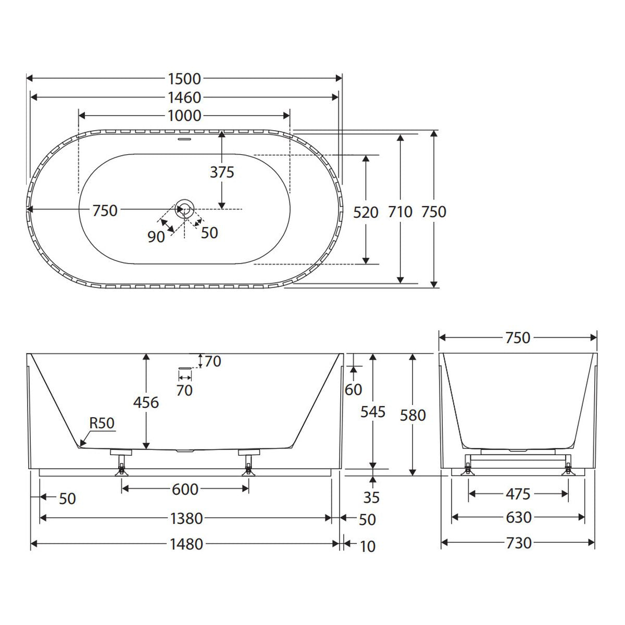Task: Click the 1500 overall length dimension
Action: (x=184, y=79)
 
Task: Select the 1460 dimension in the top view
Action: (x=184, y=97)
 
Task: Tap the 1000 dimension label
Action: (x=184, y=116)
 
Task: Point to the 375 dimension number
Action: (x=222, y=172)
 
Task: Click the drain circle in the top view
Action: (x=185, y=209)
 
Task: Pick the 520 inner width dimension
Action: (x=366, y=213)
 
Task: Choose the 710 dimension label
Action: (x=400, y=212)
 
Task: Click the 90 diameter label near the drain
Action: (x=156, y=237)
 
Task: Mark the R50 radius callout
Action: (x=102, y=423)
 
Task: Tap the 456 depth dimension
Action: (x=146, y=403)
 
